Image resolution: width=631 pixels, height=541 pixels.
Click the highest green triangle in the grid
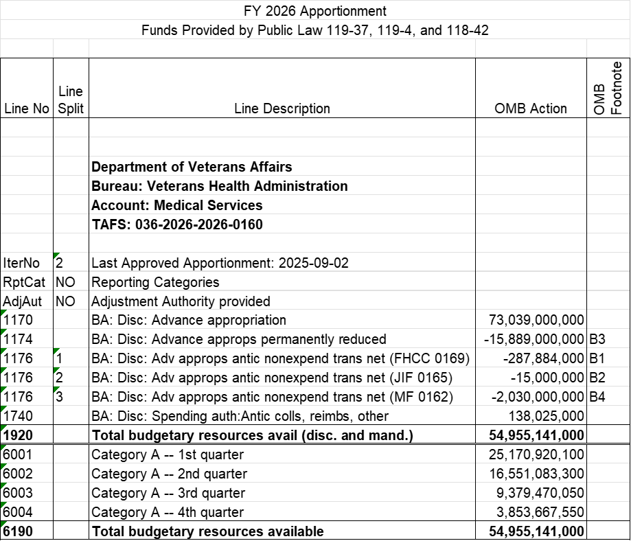(56, 255)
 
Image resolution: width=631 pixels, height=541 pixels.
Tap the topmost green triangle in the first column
(3, 312)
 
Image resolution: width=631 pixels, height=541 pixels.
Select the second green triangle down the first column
(3, 332)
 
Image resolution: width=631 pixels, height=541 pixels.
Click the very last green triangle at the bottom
(3, 524)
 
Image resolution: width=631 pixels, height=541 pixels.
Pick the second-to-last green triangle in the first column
(3, 505)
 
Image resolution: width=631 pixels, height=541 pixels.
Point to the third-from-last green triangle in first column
(3, 485)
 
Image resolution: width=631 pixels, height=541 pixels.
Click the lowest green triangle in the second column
(56, 389)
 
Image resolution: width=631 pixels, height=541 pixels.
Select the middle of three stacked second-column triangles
(56, 370)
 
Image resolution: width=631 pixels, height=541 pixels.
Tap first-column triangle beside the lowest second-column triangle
(3, 389)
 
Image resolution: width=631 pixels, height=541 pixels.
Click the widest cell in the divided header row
(282, 48)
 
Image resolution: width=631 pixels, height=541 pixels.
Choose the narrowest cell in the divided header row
(71, 48)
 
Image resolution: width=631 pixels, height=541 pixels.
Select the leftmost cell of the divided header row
(27, 48)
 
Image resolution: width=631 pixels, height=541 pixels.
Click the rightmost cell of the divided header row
(608, 48)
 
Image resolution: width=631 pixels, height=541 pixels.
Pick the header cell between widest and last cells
(531, 48)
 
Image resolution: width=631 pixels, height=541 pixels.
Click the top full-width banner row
(315, 10)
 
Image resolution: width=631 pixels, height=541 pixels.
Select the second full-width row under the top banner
(315, 29)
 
